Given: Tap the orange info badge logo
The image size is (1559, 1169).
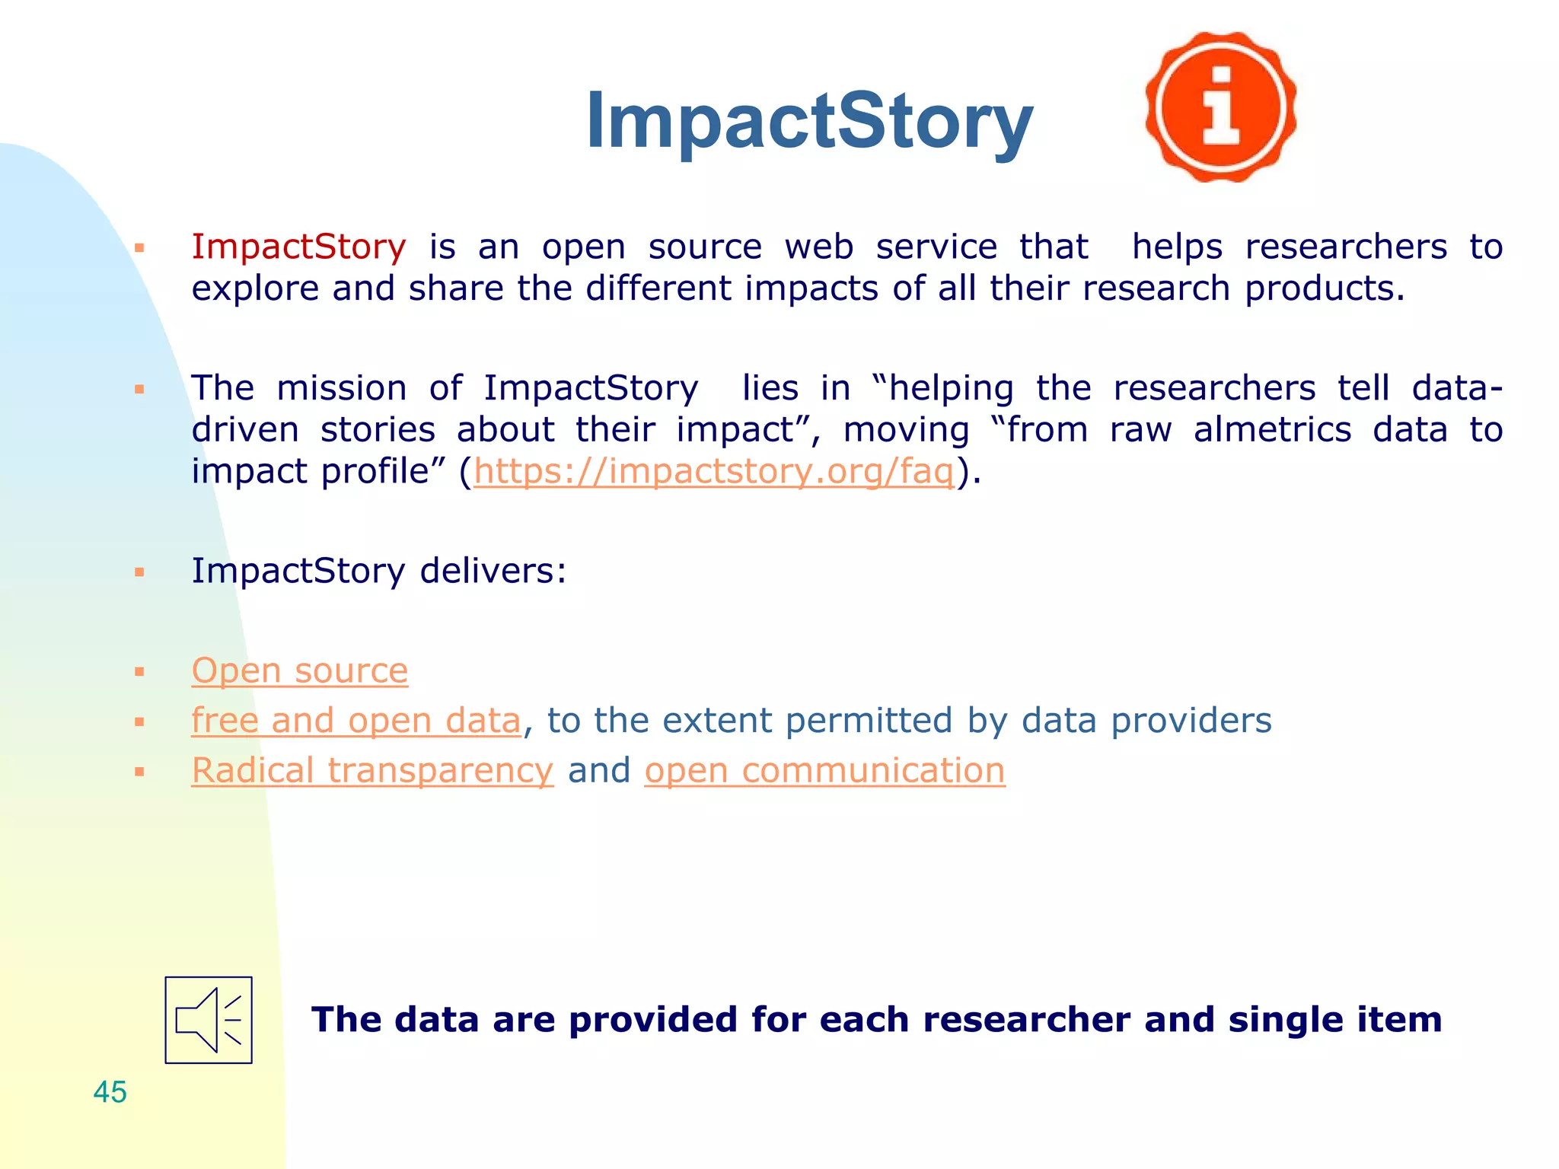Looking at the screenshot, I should click(1221, 107).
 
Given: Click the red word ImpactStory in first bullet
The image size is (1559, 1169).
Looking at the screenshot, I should click(298, 247).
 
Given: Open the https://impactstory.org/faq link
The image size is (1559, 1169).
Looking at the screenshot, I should click(714, 471).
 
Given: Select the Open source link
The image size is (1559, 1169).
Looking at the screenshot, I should click(299, 671).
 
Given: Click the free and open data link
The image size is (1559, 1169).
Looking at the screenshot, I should click(355, 720).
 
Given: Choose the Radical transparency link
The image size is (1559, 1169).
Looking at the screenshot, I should click(372, 770).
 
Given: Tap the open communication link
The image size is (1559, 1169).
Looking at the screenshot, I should click(824, 770).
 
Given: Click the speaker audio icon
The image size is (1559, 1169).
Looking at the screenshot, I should click(209, 1020).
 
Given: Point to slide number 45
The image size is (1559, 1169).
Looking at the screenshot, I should click(110, 1092).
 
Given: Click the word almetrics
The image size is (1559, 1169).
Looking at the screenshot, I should click(1272, 430).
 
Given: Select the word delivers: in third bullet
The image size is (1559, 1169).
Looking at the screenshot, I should click(493, 571).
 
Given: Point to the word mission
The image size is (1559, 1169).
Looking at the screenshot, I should click(342, 388).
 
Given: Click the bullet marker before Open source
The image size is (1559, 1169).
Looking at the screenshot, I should click(139, 672).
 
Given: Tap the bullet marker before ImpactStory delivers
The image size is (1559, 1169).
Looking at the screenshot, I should click(139, 572).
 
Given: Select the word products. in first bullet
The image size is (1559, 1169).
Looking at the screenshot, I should click(1325, 288).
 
